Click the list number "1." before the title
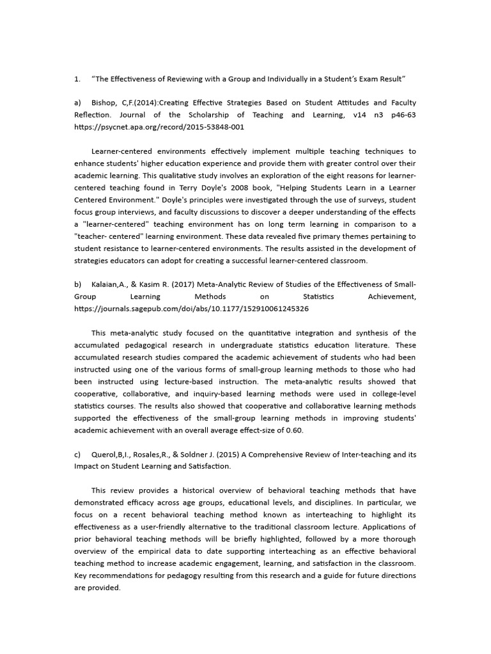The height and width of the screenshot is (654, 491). click(77, 79)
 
